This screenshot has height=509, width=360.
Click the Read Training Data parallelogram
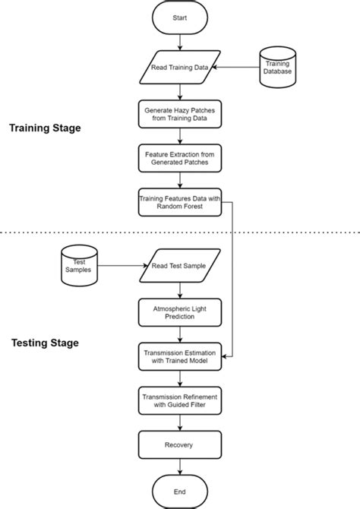(x=180, y=68)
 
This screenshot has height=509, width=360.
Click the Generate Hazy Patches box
(x=180, y=115)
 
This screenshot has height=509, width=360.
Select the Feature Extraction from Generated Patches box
(x=180, y=158)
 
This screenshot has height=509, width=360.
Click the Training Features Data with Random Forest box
(x=180, y=202)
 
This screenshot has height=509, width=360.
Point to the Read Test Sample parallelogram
(x=180, y=265)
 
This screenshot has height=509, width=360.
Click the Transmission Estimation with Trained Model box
(x=180, y=356)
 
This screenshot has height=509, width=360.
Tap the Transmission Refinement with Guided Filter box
(x=180, y=400)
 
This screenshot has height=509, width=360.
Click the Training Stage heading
(x=45, y=128)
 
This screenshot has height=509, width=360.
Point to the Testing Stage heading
(x=45, y=343)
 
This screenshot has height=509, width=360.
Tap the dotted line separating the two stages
(x=76, y=232)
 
